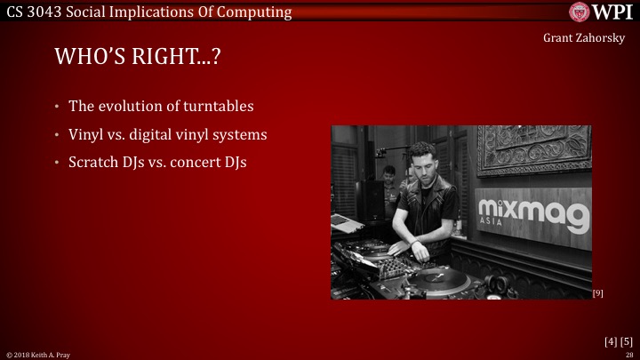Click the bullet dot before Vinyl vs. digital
click(57, 135)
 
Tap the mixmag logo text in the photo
click(533, 213)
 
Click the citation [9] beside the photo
click(597, 292)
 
